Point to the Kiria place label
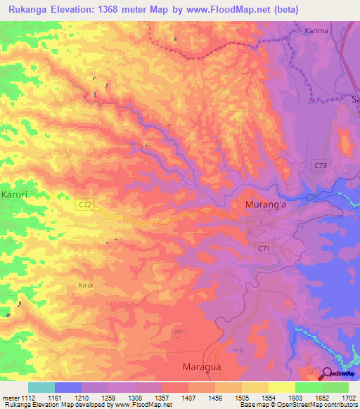coord(85,285)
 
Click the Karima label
coord(316,31)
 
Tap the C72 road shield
coord(85,204)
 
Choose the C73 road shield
coord(321,164)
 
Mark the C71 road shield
coord(264,248)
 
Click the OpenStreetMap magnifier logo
coord(328,374)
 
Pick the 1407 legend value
coord(188,398)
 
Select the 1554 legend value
coord(269,398)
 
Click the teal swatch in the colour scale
coord(41,387)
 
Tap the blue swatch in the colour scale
coord(67,387)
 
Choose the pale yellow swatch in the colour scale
coord(255,387)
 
